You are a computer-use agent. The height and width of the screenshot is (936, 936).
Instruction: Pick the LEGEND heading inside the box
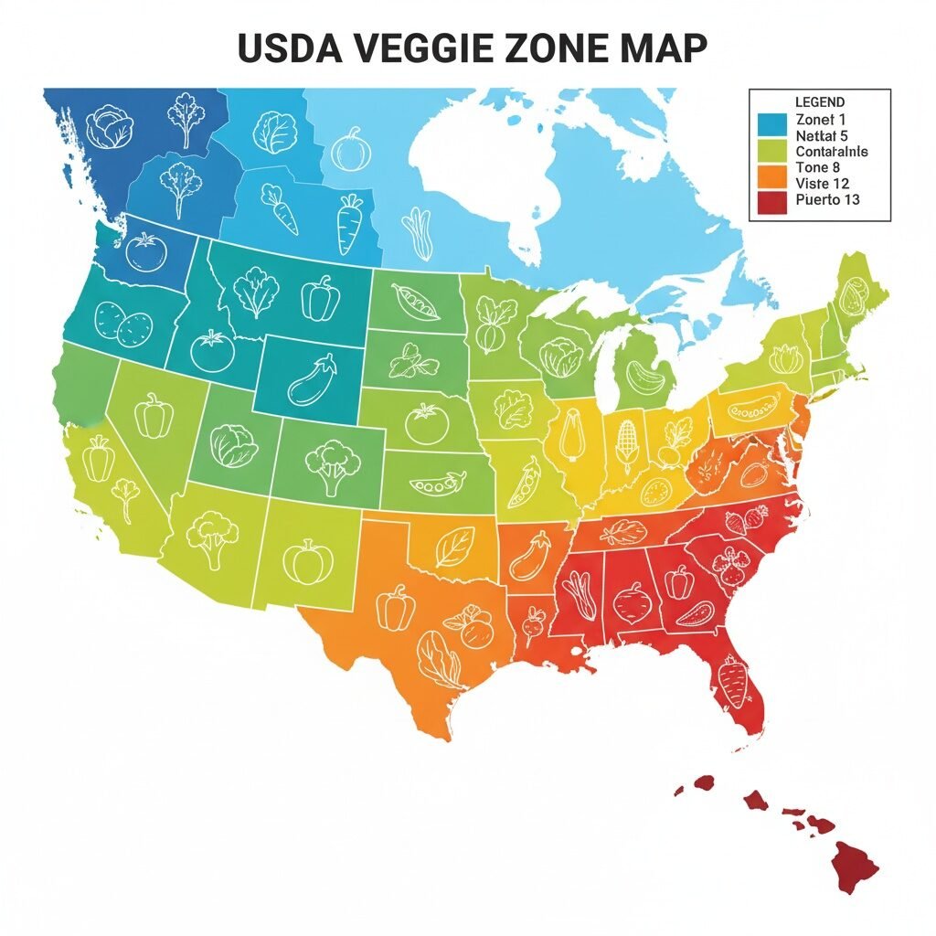click(820, 102)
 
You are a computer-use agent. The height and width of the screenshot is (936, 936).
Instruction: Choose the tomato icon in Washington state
click(144, 252)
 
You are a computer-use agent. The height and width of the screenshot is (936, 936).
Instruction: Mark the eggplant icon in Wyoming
click(313, 381)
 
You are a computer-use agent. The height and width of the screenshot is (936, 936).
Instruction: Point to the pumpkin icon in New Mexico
click(304, 559)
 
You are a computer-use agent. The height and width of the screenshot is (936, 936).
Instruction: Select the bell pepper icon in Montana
click(321, 298)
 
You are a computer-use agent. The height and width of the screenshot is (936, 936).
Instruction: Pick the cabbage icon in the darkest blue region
click(109, 128)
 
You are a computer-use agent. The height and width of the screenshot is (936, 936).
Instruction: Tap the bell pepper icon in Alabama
click(678, 581)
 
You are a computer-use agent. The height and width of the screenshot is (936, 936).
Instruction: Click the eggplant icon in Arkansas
click(528, 557)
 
